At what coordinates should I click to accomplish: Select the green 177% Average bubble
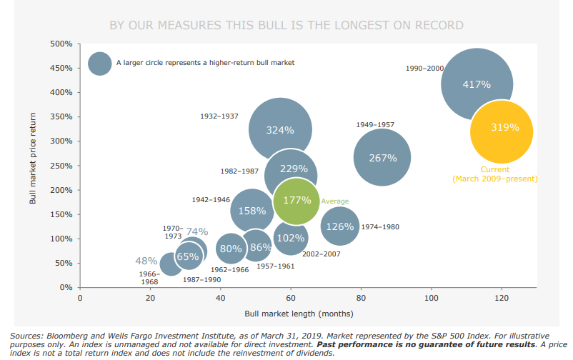click(297, 201)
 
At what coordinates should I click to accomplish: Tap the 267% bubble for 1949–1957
click(382, 158)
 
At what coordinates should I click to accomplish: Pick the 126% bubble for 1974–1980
click(340, 226)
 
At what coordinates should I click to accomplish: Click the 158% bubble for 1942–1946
click(251, 211)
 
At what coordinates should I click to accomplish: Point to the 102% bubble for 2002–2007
click(291, 238)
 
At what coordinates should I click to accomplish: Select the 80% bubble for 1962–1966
click(231, 249)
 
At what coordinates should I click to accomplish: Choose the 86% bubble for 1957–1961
click(261, 247)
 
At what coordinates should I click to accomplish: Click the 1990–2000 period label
click(424, 69)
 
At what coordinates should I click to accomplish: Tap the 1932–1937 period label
click(218, 116)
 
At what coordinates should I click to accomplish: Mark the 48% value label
click(146, 261)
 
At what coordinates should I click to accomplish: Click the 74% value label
click(197, 231)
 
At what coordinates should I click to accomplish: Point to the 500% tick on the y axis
click(61, 44)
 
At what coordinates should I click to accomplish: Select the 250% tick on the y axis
click(61, 166)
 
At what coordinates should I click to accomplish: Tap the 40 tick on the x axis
click(221, 298)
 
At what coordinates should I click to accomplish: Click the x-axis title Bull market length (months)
click(299, 314)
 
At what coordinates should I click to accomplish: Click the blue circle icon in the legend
click(100, 63)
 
